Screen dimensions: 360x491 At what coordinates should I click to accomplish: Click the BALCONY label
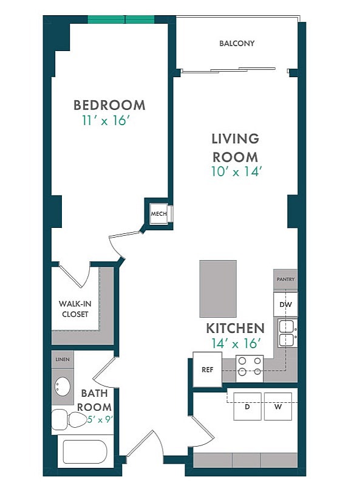(x=237, y=43)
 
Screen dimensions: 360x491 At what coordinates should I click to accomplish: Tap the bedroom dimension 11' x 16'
(x=106, y=120)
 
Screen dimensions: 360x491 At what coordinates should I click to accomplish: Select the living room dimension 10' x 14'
(x=236, y=171)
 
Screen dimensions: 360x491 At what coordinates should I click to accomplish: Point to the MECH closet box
(x=159, y=214)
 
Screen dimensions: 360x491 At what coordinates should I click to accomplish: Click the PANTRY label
(x=285, y=279)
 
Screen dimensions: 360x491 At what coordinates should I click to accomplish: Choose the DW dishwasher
(x=285, y=304)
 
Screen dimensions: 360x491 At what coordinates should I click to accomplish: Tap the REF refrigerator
(x=208, y=369)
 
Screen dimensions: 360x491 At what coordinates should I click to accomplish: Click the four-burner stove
(x=250, y=369)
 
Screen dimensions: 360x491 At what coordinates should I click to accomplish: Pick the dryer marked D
(x=248, y=407)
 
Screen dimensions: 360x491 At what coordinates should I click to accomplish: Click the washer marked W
(x=278, y=407)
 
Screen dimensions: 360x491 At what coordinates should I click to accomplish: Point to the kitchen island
(x=218, y=289)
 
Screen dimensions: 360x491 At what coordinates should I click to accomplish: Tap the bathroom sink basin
(x=63, y=386)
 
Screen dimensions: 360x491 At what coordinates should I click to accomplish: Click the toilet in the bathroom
(x=69, y=420)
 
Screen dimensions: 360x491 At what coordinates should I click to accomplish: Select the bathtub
(x=85, y=452)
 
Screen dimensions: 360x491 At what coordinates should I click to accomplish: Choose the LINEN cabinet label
(x=63, y=360)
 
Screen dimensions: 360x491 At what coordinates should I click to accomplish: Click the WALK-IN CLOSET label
(x=75, y=309)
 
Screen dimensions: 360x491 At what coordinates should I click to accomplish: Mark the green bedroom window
(x=121, y=19)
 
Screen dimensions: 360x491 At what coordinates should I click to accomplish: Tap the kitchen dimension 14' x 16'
(x=236, y=343)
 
